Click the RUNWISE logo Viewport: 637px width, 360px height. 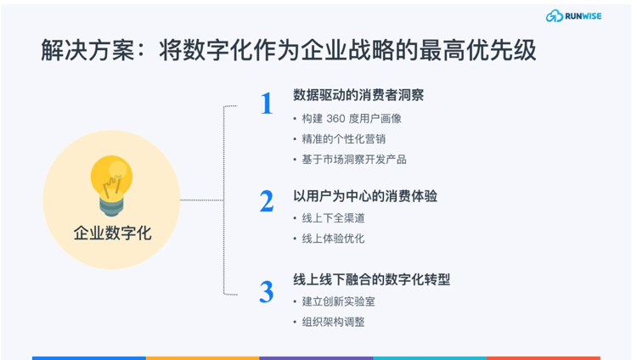(x=573, y=16)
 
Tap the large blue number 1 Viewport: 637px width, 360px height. (x=267, y=103)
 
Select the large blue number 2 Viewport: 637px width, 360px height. (x=267, y=201)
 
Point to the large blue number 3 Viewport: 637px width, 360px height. (x=267, y=292)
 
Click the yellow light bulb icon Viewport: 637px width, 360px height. (x=111, y=185)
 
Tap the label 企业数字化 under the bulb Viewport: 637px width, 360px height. (x=112, y=233)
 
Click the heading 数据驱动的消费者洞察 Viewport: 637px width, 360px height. (x=358, y=95)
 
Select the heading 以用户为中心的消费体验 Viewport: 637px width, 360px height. (x=365, y=196)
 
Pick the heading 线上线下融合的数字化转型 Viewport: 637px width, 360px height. (x=372, y=279)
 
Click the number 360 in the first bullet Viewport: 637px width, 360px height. (x=335, y=119)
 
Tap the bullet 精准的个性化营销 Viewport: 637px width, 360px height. (x=344, y=139)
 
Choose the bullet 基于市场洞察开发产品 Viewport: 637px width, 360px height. (x=354, y=160)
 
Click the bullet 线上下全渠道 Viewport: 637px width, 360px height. (x=333, y=218)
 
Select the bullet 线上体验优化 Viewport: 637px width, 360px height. (x=333, y=239)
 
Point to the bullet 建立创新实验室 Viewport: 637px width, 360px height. (x=338, y=301)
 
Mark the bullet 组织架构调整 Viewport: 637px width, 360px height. (x=333, y=322)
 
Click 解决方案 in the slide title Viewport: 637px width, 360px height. (x=87, y=50)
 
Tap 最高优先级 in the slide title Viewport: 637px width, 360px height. (x=477, y=50)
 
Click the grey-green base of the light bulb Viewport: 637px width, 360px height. (x=111, y=206)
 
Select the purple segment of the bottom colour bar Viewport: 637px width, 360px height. (x=316, y=358)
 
